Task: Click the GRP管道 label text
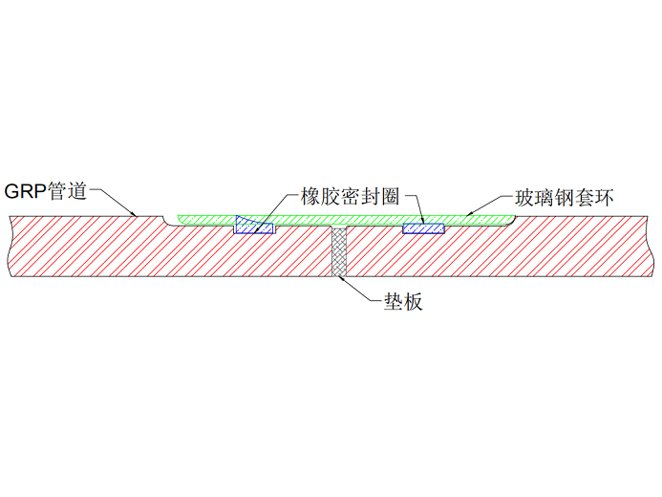click(46, 191)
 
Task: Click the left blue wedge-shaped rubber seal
click(251, 226)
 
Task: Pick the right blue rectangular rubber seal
click(422, 228)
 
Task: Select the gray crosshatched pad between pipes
click(338, 251)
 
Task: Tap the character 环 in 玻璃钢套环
click(601, 199)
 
